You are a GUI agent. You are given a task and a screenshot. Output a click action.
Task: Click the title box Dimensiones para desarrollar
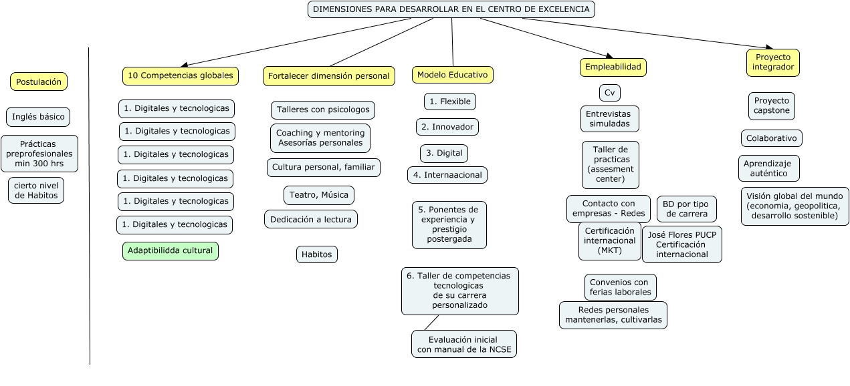[451, 9]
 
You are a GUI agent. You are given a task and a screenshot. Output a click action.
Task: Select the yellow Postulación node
[39, 81]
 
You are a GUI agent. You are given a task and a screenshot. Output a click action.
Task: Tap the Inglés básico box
[38, 117]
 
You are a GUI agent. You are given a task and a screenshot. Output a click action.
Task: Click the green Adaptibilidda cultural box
[171, 251]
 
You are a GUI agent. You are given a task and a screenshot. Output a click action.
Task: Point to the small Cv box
[610, 92]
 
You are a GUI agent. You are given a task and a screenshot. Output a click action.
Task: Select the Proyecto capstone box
[771, 106]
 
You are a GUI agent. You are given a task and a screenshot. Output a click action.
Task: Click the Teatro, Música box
[319, 195]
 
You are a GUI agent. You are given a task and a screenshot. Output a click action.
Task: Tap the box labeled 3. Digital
[444, 153]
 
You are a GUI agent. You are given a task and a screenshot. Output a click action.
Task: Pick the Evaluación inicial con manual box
[464, 343]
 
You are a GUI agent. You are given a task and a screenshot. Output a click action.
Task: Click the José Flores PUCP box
[681, 244]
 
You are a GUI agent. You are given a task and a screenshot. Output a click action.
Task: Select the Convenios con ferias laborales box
[620, 287]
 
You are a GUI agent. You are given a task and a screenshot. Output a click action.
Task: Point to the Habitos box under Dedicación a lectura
[317, 254]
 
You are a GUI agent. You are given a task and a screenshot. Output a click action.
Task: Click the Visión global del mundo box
[794, 206]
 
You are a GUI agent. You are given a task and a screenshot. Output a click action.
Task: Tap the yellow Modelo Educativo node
[453, 75]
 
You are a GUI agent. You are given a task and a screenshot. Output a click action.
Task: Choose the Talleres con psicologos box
[323, 110]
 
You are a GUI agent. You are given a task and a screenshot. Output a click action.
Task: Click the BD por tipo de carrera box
[686, 208]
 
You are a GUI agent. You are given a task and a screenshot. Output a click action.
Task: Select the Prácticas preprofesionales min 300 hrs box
[39, 154]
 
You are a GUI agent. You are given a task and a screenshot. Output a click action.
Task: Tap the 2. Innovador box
[447, 126]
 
